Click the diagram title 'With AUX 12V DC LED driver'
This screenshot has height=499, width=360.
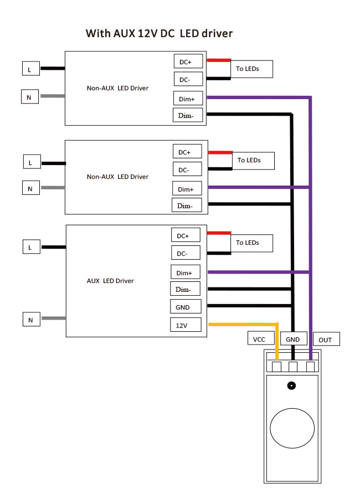tap(159, 34)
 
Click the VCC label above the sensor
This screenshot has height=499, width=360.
tap(259, 339)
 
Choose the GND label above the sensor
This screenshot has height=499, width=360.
tap(292, 339)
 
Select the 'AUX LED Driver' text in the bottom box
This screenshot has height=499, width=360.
tap(110, 281)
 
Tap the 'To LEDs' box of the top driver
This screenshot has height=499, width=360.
tap(253, 69)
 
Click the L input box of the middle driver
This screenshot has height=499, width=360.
tap(31, 162)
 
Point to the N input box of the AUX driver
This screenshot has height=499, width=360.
tap(31, 319)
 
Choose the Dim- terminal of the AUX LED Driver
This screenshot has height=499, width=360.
tap(183, 289)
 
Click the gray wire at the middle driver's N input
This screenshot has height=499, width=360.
tap(53, 188)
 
